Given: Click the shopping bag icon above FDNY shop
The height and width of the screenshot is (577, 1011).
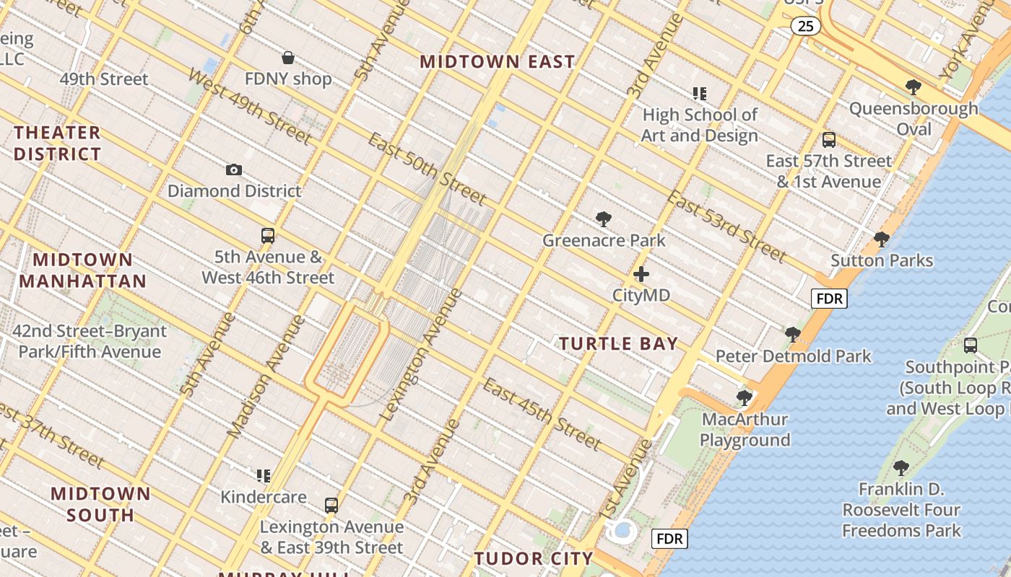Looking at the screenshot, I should pyautogui.click(x=288, y=58).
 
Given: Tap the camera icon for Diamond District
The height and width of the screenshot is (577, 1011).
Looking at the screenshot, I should pyautogui.click(x=234, y=170).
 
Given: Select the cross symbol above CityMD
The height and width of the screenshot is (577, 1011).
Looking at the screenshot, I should pyautogui.click(x=641, y=274).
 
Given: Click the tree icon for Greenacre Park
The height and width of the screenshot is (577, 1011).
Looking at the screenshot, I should pyautogui.click(x=604, y=219).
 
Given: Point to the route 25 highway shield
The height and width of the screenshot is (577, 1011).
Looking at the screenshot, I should pyautogui.click(x=805, y=27).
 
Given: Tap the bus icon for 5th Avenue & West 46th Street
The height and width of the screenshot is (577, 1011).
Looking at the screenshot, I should pyautogui.click(x=268, y=236).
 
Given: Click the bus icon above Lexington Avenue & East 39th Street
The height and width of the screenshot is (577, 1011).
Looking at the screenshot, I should pyautogui.click(x=331, y=506).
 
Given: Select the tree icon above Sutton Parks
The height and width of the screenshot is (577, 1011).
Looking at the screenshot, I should pyautogui.click(x=881, y=239).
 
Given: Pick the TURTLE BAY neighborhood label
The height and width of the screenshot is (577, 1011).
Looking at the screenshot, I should pyautogui.click(x=619, y=344).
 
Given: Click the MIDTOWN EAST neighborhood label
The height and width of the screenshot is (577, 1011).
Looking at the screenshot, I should pyautogui.click(x=498, y=62).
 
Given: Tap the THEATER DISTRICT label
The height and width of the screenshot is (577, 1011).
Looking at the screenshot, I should pyautogui.click(x=57, y=143).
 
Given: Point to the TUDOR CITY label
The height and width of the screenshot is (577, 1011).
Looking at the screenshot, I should pyautogui.click(x=534, y=558).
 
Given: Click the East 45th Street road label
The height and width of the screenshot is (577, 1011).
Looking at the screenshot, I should pyautogui.click(x=542, y=413).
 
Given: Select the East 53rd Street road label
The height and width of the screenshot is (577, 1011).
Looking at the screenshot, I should pyautogui.click(x=726, y=226).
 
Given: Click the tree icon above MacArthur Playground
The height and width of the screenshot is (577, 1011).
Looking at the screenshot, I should pyautogui.click(x=745, y=397).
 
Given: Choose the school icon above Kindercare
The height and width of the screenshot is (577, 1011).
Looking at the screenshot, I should pyautogui.click(x=264, y=476).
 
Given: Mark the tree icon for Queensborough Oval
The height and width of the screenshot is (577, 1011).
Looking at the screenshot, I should pyautogui.click(x=914, y=87).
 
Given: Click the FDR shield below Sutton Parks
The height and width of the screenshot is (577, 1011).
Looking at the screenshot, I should pyautogui.click(x=828, y=299).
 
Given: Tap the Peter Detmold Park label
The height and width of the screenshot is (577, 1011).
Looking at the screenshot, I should pyautogui.click(x=794, y=356).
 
